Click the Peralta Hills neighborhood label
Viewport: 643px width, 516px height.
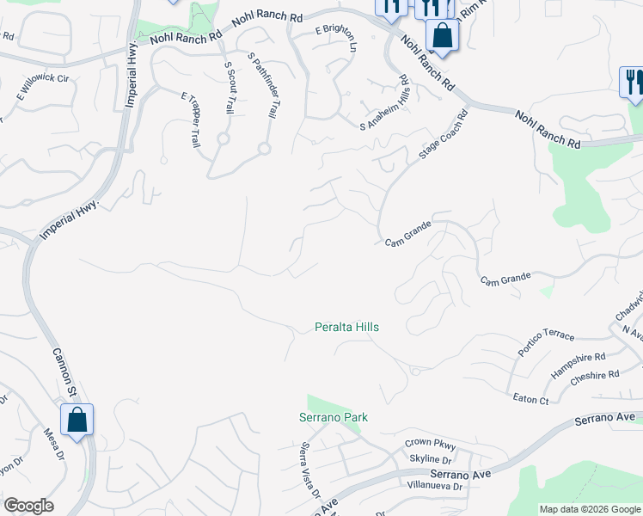click(x=346, y=328)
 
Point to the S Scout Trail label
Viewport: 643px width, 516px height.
click(x=230, y=87)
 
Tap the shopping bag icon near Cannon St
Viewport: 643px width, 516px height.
click(x=77, y=421)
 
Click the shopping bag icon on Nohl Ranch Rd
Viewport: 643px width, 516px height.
click(x=442, y=36)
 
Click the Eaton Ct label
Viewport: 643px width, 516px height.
click(x=530, y=400)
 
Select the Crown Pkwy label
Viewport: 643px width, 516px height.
click(x=430, y=444)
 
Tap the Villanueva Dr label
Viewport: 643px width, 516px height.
click(x=434, y=486)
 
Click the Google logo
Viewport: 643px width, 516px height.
click(x=28, y=506)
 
